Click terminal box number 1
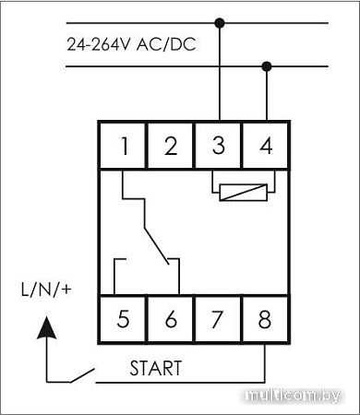coord(123,146)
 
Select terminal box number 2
coord(171,146)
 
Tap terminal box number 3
coord(218,146)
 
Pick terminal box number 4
coord(266,146)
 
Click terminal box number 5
coord(123,320)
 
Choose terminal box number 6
coord(171,320)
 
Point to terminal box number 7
coord(218,320)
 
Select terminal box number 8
coord(266,320)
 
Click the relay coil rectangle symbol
coord(242,192)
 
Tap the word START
coord(155,369)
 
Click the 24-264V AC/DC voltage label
coord(130,43)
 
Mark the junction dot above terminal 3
coord(219,21)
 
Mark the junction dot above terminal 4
coord(267,65)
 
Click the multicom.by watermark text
coord(300,395)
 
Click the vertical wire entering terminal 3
coord(219,83)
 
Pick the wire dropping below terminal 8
coord(266,364)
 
